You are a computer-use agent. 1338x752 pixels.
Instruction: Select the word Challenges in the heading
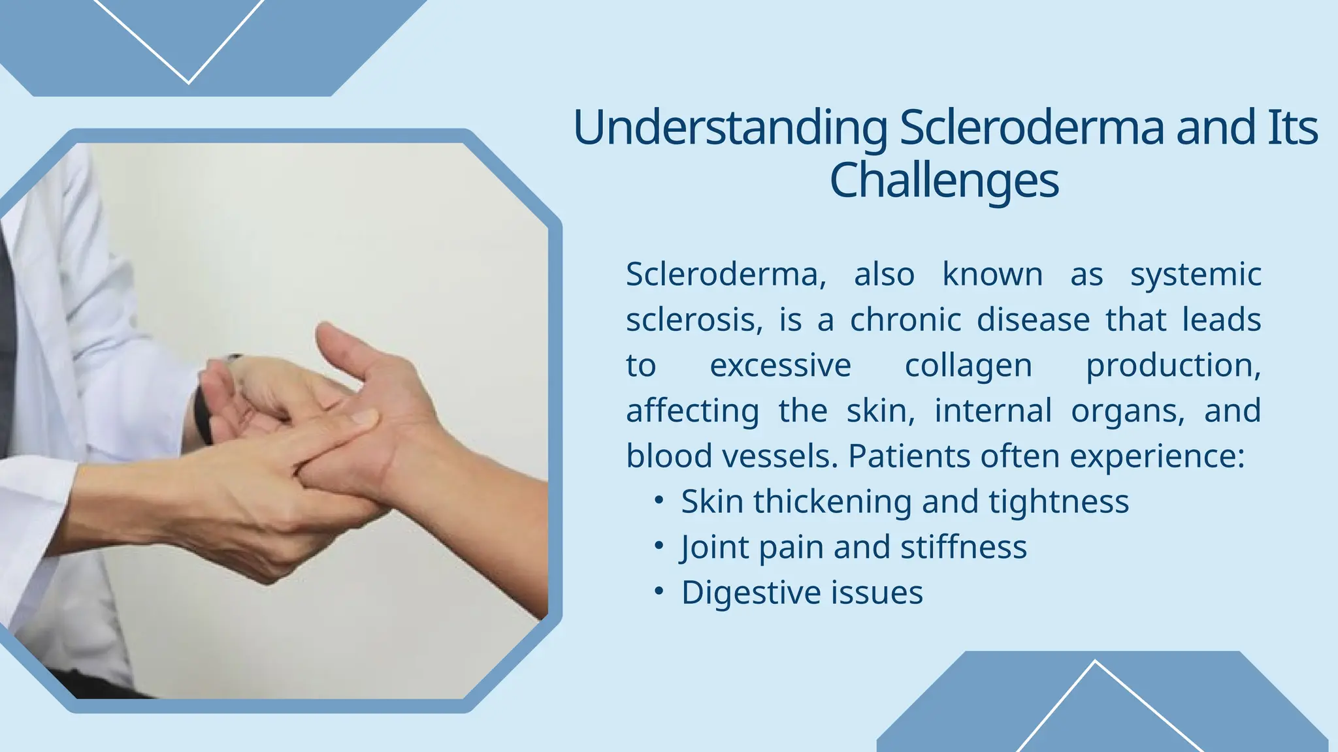(x=943, y=180)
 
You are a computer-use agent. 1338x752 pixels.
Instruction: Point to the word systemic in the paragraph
(x=1196, y=274)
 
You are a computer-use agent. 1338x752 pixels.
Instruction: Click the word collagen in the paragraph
(x=968, y=366)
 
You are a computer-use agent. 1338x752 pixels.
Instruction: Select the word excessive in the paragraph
(x=780, y=365)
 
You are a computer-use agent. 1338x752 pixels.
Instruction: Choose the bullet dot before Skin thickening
(x=659, y=500)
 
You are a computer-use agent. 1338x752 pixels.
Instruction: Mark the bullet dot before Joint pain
(x=659, y=546)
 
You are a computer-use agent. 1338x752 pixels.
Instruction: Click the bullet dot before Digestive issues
(x=659, y=591)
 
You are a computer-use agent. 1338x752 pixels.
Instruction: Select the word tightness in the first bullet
(x=1058, y=501)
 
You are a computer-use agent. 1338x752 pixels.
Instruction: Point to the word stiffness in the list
(x=963, y=547)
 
